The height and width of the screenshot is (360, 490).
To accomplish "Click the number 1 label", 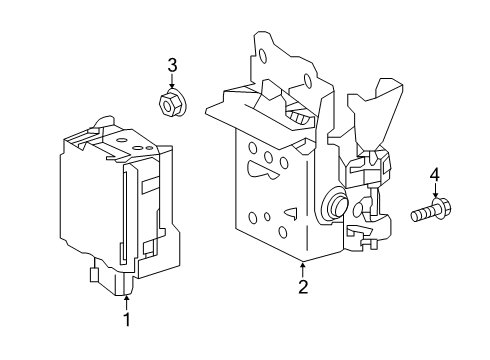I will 126,320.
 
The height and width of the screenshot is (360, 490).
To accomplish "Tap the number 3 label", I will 172,66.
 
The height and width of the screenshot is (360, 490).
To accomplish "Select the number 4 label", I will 435,177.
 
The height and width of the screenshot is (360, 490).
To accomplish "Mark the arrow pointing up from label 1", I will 126,303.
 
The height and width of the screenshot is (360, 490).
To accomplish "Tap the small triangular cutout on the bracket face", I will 291,212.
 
